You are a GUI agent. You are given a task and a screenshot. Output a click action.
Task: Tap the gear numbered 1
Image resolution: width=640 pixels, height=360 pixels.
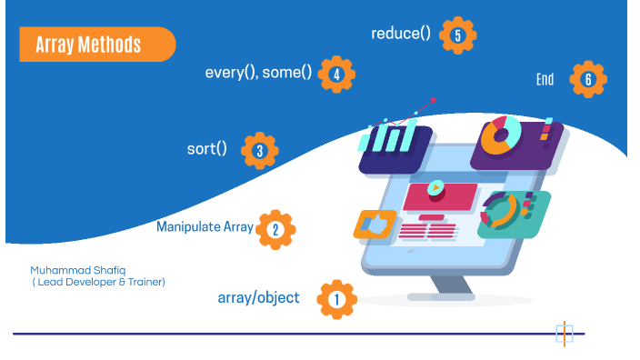pyautogui.click(x=336, y=298)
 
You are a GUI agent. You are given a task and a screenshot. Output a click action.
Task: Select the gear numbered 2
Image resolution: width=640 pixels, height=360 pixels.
pyautogui.click(x=275, y=229)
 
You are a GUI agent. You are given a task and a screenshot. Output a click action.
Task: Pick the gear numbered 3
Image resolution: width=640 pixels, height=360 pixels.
pyautogui.click(x=260, y=151)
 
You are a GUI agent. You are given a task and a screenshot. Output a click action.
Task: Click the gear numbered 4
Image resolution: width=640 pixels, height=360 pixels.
pyautogui.click(x=337, y=75)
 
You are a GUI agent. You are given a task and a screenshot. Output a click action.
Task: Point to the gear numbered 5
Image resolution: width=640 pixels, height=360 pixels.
pyautogui.click(x=457, y=35)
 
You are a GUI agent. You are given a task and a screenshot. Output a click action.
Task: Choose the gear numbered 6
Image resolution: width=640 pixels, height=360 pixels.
pyautogui.click(x=588, y=79)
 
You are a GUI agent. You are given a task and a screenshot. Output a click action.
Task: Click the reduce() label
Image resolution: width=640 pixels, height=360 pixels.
pyautogui.click(x=401, y=34)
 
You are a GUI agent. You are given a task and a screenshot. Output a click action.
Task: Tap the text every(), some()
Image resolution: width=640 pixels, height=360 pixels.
pyautogui.click(x=258, y=74)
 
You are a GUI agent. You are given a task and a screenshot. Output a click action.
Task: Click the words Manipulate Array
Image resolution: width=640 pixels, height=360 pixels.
pyautogui.click(x=204, y=226)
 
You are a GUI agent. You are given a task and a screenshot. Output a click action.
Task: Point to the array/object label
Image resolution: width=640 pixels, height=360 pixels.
pyautogui.click(x=258, y=297)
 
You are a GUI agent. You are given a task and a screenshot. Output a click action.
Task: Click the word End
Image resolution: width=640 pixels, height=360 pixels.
pyautogui.click(x=545, y=80)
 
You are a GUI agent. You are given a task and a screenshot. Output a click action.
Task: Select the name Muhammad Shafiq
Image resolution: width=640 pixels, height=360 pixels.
pyautogui.click(x=73, y=270)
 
